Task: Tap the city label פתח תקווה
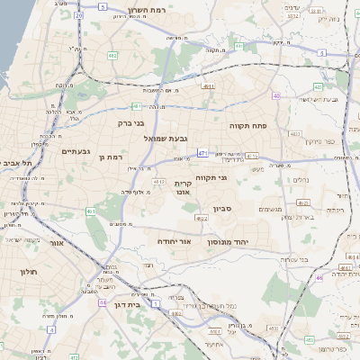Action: click(244, 125)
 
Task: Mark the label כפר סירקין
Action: click(319, 140)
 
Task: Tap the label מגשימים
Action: click(271, 210)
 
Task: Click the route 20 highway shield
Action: click(79, 15)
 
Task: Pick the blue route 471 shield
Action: click(204, 153)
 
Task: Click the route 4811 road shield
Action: click(208, 86)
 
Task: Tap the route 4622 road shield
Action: click(202, 218)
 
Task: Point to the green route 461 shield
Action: click(91, 211)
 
